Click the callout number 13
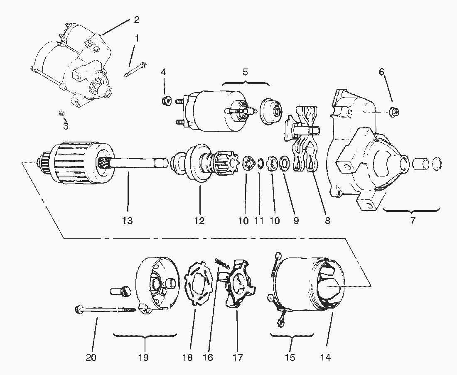(128, 221)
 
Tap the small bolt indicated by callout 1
(134, 70)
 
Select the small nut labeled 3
(61, 113)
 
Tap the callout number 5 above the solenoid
(245, 71)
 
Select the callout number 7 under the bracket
(413, 221)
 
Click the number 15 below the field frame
(290, 357)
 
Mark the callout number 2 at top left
(136, 20)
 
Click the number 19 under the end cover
(143, 357)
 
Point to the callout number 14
(326, 357)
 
